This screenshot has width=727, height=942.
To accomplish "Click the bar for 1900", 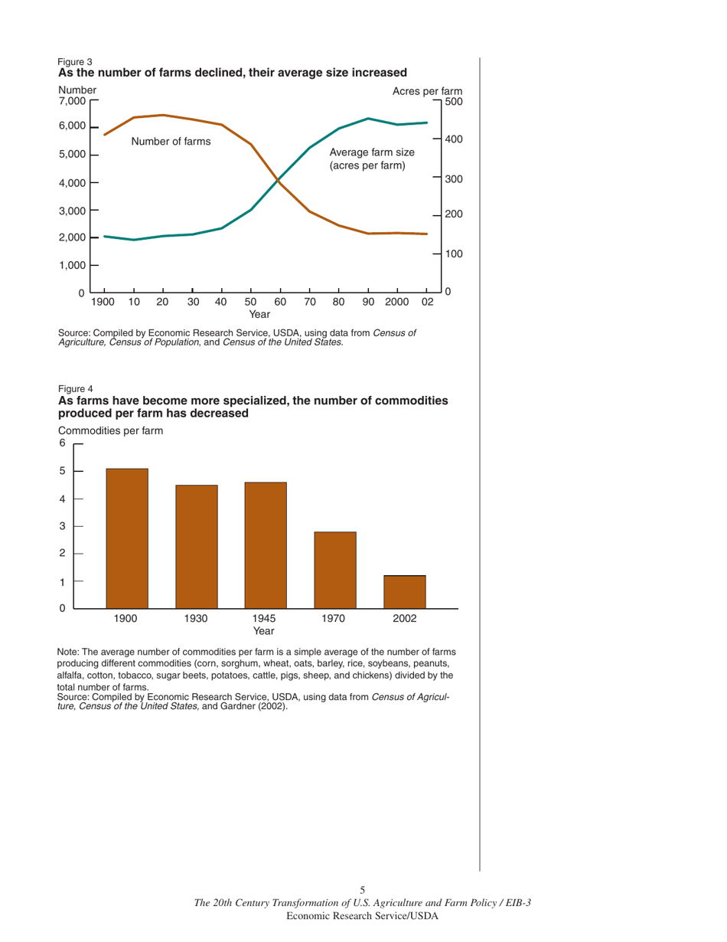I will pos(127,538).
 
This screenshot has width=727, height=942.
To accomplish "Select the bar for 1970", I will pos(334,570).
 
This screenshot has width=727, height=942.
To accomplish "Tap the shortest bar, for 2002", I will pos(404,591).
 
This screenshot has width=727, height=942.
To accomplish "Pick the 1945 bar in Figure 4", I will pos(266,545).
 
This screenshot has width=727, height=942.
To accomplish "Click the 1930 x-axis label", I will pos(196,618).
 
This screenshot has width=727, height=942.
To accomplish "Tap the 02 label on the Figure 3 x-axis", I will pos(428,303).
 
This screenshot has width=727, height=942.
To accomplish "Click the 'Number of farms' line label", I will pos(171,142).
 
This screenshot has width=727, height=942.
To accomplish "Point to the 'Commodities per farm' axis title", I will pos(110,431).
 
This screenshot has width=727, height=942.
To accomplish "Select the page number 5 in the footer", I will pos(363,890).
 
